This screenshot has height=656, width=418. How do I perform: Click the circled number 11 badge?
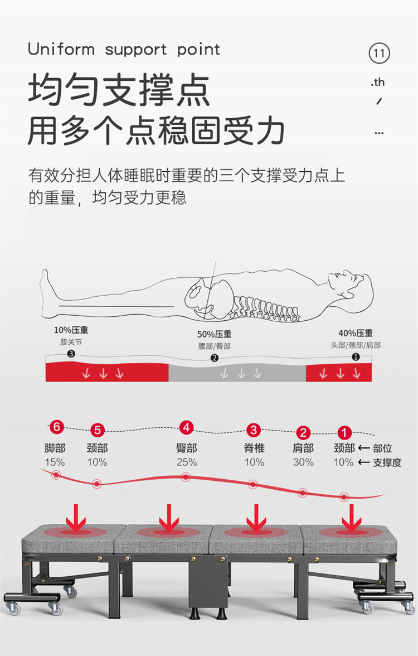379,54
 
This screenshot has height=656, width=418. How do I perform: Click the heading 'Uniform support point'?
124,49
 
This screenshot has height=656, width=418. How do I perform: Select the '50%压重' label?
214,335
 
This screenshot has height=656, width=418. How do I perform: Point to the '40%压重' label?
356,334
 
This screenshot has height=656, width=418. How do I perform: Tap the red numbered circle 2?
303,432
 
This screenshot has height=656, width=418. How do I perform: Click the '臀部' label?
186,448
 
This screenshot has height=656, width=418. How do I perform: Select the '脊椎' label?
254,448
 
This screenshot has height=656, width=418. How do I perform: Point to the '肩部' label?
303,448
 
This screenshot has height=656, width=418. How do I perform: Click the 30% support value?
303,462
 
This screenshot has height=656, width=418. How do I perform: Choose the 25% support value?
186,462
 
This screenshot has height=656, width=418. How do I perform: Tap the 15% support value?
55,462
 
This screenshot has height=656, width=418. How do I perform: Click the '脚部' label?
55,448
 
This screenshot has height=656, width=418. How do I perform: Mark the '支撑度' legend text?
387,462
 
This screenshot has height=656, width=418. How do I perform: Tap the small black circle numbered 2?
214,358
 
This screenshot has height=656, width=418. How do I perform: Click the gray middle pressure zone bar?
237,372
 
